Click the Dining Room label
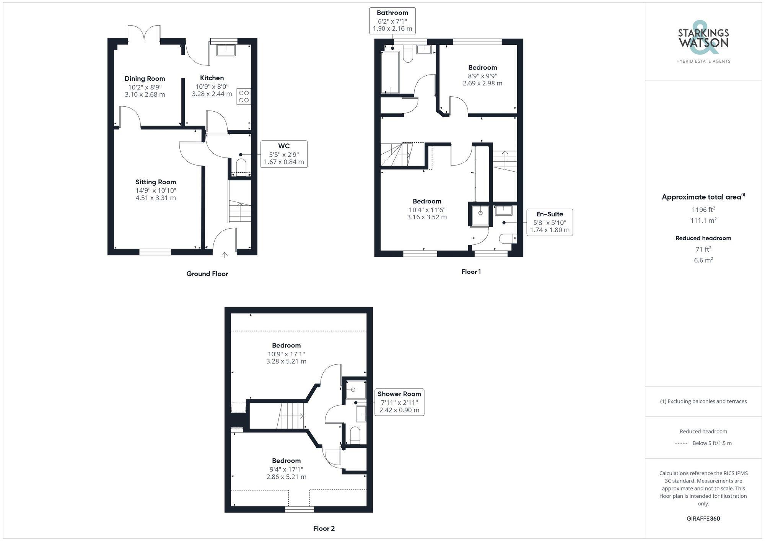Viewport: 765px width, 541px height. click(145, 79)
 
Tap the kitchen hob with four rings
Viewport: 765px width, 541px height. click(244, 97)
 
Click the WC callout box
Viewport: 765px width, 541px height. click(284, 154)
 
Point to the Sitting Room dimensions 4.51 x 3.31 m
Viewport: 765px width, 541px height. click(156, 198)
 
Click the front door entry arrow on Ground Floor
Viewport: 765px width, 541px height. click(224, 255)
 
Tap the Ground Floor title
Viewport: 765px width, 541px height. click(207, 274)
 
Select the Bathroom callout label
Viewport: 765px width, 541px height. click(392, 13)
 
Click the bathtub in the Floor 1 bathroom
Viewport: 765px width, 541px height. click(390, 73)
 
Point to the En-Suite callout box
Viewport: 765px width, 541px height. click(550, 222)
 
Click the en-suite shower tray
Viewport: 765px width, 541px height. click(480, 216)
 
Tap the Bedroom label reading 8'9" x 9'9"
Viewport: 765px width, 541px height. click(482, 68)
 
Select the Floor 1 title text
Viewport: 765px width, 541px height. click(471, 272)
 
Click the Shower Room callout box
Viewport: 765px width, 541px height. click(399, 402)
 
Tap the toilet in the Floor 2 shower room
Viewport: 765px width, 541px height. click(355, 435)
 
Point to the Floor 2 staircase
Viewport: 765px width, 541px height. click(291, 416)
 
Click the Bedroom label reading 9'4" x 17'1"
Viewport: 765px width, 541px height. click(286, 461)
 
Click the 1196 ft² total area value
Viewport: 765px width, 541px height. click(703, 210)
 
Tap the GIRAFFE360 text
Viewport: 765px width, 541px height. click(703, 519)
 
